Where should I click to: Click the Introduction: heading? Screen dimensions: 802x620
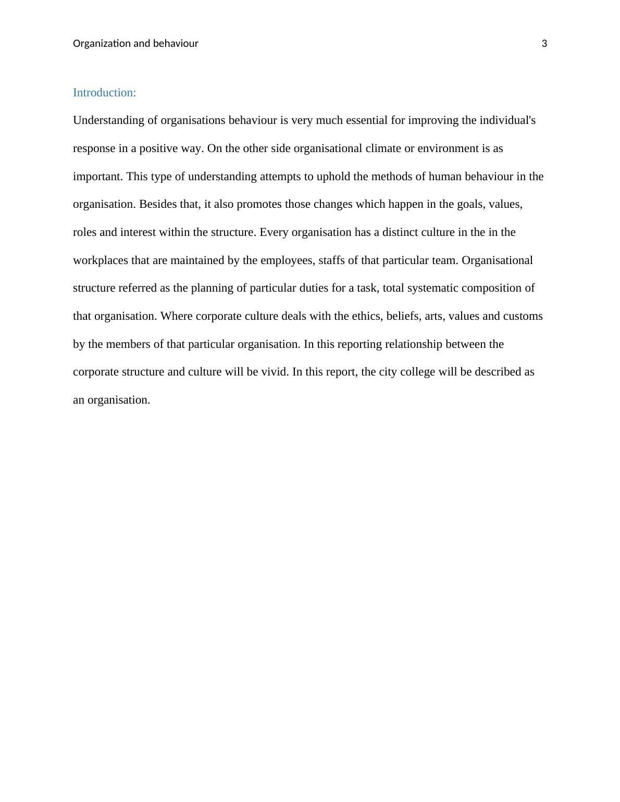pyautogui.click(x=104, y=93)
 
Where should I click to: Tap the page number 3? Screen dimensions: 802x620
pyautogui.click(x=544, y=44)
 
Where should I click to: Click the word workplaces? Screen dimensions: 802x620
pyautogui.click(x=101, y=260)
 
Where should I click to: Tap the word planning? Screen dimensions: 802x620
pyautogui.click(x=212, y=288)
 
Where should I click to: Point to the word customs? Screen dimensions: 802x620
pyautogui.click(x=523, y=316)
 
